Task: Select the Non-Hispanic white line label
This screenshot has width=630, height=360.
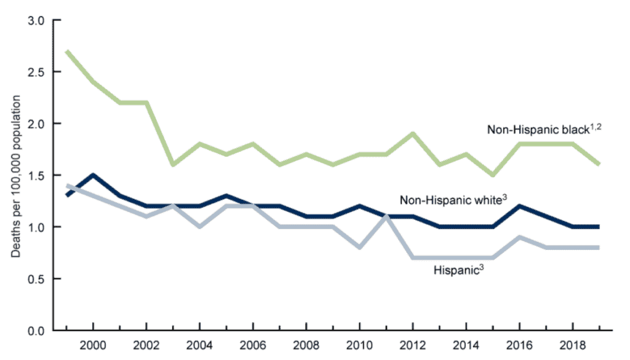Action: tap(447, 200)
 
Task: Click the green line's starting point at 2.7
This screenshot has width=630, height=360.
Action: tap(66, 51)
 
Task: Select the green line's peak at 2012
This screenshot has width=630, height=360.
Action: tap(412, 134)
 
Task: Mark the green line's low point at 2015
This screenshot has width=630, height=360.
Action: tap(492, 175)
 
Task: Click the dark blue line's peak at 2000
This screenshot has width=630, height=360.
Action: tap(93, 175)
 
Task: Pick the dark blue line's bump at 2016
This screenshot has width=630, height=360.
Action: tap(519, 206)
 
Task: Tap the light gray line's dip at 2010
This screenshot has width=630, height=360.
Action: tap(359, 247)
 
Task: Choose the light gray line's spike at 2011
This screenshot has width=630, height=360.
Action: tap(386, 217)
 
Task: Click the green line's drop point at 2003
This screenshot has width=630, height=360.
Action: tap(173, 165)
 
